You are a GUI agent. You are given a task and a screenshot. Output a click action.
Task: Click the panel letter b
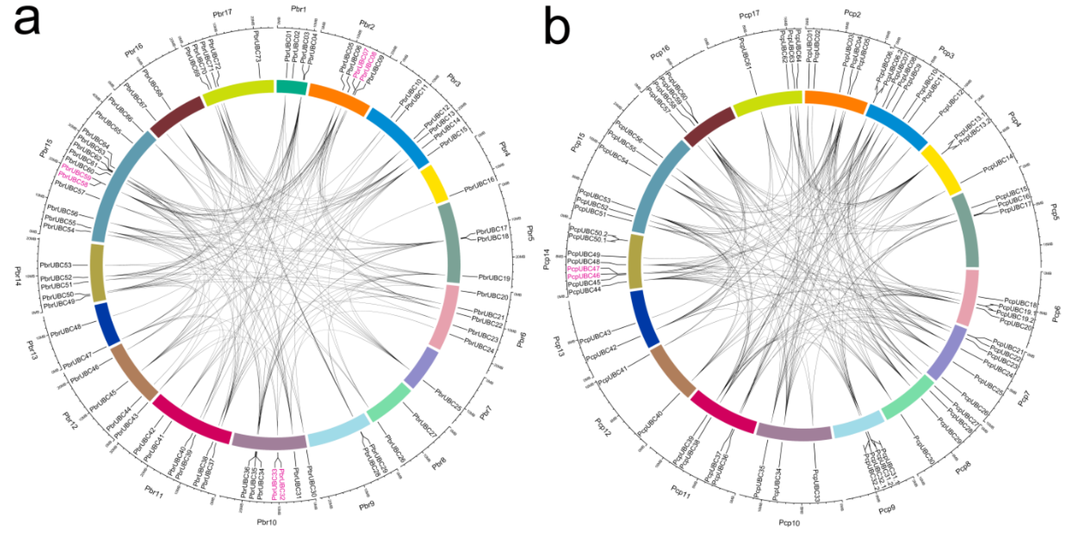(x=557, y=25)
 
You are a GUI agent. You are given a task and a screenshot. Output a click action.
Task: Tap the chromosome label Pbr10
(x=267, y=522)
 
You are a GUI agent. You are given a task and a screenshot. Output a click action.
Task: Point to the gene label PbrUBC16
(x=479, y=185)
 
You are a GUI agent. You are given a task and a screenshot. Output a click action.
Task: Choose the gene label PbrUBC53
(x=56, y=265)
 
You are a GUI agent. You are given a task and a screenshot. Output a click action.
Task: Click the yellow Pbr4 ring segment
(x=434, y=184)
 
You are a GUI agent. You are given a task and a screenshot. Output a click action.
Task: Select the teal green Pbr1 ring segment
(x=292, y=87)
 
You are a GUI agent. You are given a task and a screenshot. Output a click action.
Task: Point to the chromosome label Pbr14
(x=18, y=276)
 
